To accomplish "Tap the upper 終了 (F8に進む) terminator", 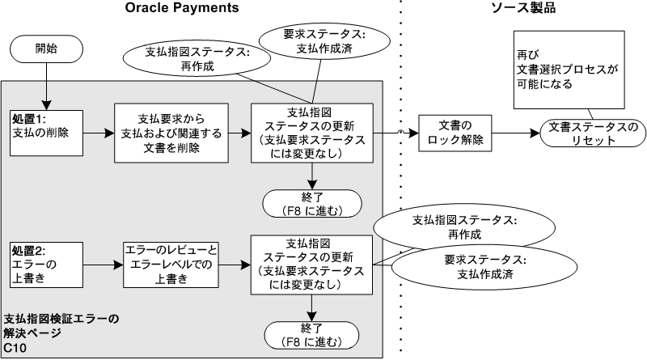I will [x=313, y=203].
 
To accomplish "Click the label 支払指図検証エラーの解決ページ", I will [x=61, y=325].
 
